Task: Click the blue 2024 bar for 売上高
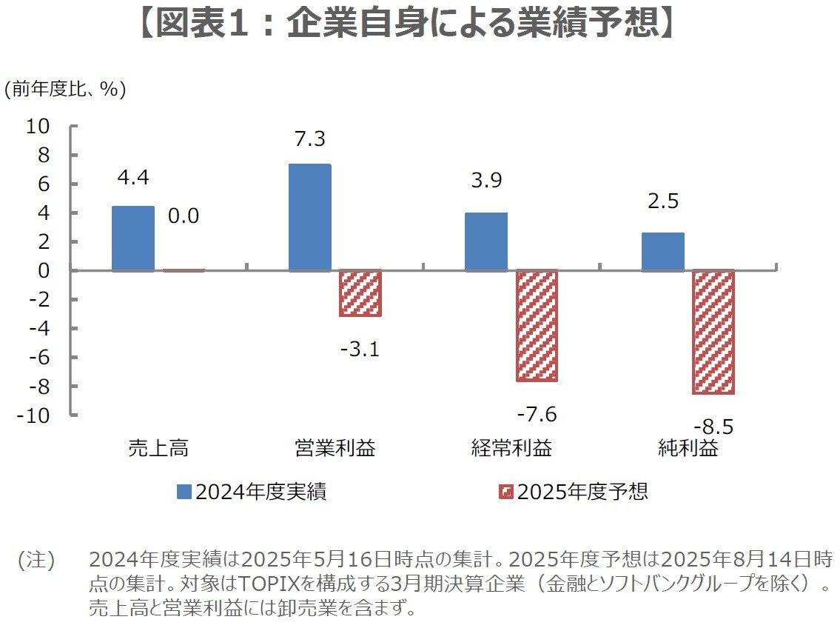(133, 238)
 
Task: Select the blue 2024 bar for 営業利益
(309, 218)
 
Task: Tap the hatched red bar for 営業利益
(360, 293)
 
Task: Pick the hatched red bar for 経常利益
(537, 326)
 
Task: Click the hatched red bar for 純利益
(713, 332)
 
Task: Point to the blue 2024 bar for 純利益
(663, 252)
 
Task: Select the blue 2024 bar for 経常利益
(486, 242)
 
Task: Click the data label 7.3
(309, 139)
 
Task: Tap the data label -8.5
(713, 427)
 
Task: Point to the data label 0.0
(183, 216)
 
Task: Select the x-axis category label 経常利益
(511, 448)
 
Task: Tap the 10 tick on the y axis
(38, 127)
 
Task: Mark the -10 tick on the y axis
(34, 415)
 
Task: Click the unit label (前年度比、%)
(65, 89)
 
